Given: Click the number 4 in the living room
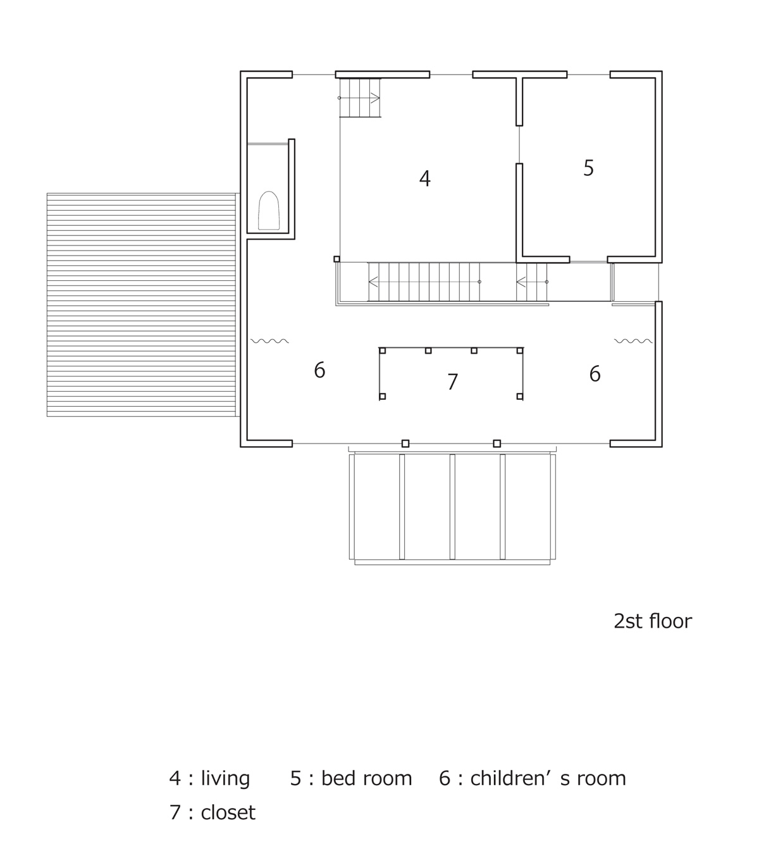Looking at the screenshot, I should (x=424, y=179).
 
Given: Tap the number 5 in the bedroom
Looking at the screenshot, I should (x=588, y=168).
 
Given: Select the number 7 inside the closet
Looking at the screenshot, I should (x=452, y=382).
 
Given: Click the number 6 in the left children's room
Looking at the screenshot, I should (x=319, y=371).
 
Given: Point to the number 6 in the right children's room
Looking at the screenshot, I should (x=595, y=375).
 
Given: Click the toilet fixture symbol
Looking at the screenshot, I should (x=269, y=211).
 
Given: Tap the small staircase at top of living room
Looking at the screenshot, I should (x=361, y=98).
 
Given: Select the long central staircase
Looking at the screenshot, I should (x=424, y=282).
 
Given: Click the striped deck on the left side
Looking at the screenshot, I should (x=141, y=304).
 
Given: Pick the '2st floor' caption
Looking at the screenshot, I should (x=652, y=621).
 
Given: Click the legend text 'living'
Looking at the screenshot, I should (x=225, y=778).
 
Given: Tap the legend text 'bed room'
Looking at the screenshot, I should (x=366, y=778).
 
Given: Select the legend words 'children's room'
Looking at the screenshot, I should (x=548, y=778).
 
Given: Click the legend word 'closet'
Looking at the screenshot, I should (x=228, y=812).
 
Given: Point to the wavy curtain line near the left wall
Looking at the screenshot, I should (x=269, y=341).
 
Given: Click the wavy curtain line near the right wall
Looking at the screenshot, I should (x=633, y=341).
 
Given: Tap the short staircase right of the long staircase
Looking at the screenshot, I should (x=532, y=282).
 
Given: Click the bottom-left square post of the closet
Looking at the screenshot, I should (x=382, y=397).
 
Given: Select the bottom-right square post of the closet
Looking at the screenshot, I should (x=520, y=397).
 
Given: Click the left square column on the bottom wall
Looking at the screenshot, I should (x=405, y=444).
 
